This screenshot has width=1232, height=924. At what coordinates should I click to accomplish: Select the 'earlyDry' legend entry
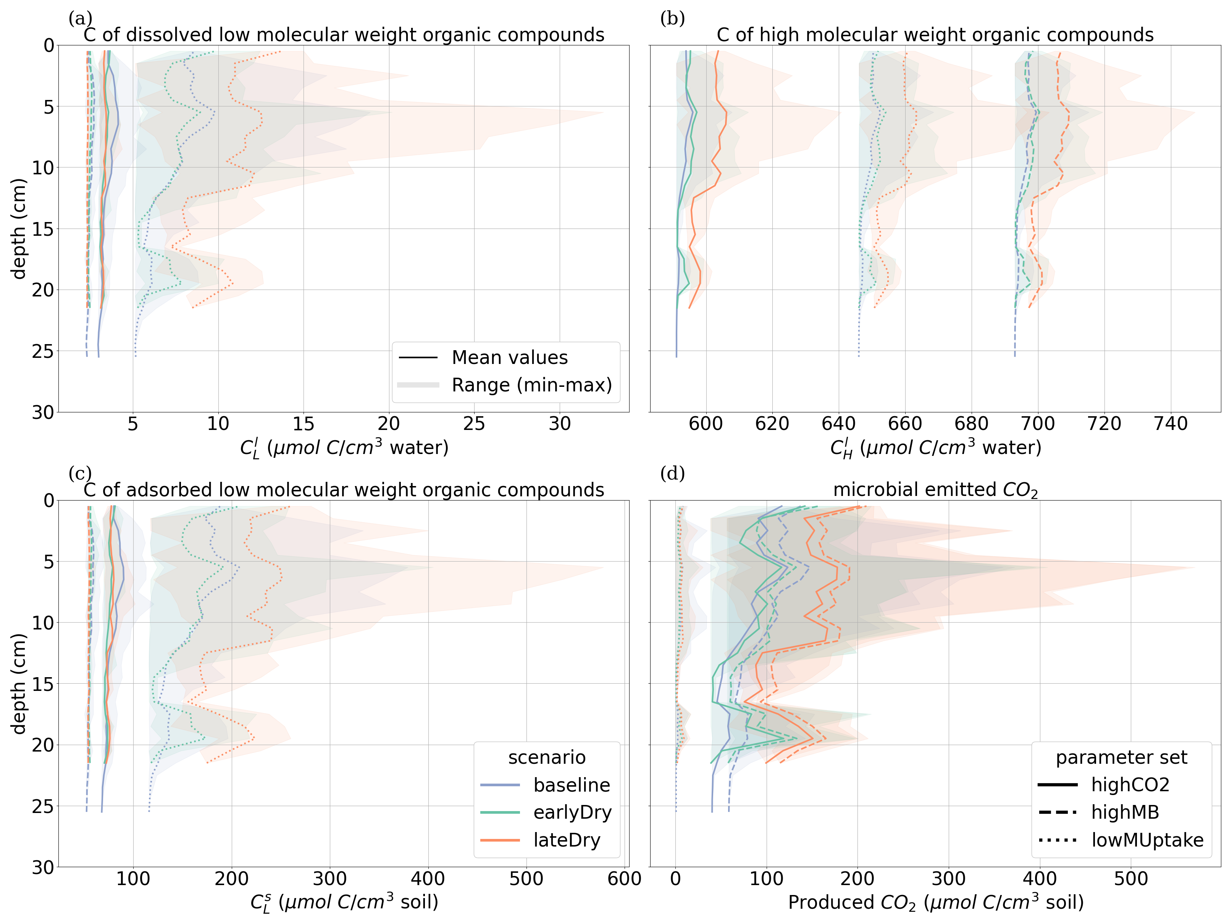[x=572, y=812]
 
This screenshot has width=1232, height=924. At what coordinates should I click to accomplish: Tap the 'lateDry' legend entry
[x=567, y=840]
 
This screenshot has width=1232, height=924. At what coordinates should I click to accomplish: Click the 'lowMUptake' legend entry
[x=1147, y=840]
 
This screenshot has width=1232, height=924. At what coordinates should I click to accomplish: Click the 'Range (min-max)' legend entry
[x=531, y=385]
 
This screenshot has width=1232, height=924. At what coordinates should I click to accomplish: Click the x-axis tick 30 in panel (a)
[x=560, y=424]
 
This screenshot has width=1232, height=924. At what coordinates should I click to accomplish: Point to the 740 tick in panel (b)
[x=1171, y=424]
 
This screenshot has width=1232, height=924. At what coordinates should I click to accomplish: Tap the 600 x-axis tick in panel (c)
[x=624, y=879]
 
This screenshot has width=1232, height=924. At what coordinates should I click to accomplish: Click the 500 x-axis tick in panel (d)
[x=1130, y=879]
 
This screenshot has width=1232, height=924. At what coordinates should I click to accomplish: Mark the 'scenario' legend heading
[x=546, y=758]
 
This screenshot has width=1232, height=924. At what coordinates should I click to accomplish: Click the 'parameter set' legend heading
[x=1121, y=758]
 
